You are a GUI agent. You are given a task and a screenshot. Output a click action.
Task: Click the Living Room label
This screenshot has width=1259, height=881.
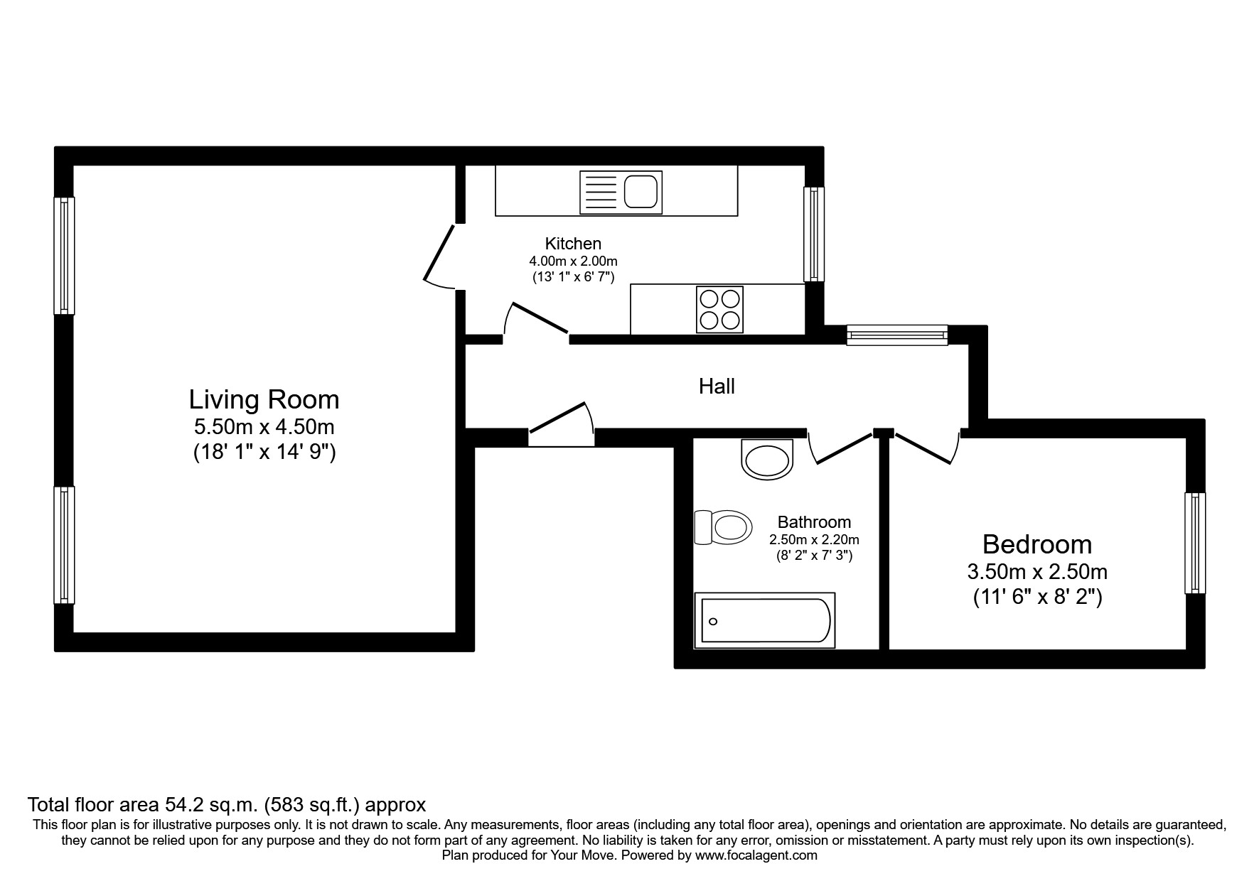(x=264, y=400)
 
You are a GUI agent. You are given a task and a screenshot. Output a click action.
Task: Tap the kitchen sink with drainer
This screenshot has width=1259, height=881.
(x=621, y=192)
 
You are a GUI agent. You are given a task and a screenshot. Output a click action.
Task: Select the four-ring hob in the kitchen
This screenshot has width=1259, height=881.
(x=719, y=309)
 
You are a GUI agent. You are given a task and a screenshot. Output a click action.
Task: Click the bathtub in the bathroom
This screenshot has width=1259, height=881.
(x=765, y=621)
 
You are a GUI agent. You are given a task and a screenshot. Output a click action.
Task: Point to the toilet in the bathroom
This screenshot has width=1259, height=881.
(x=724, y=527)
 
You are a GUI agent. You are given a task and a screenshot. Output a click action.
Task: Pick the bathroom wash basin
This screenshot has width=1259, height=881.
(x=766, y=459)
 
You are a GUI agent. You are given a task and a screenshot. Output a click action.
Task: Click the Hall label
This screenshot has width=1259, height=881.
(x=717, y=387)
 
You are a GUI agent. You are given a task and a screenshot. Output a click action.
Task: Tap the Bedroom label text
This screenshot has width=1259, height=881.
(x=1036, y=545)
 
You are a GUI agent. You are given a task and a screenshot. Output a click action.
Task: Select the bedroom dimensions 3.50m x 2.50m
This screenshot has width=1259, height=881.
(x=1036, y=571)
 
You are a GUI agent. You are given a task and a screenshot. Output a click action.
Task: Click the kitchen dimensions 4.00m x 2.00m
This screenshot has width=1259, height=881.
(x=573, y=261)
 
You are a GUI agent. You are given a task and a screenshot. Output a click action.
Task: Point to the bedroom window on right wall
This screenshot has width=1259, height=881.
(x=1195, y=544)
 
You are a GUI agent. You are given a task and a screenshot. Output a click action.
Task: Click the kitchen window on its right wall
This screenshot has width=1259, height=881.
(x=814, y=234)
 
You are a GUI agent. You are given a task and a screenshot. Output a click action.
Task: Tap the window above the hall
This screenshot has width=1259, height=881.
(x=896, y=335)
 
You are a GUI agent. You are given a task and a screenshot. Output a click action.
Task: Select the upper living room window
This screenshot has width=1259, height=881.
(x=65, y=255)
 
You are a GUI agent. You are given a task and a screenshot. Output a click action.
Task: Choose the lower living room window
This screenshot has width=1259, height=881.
(x=65, y=545)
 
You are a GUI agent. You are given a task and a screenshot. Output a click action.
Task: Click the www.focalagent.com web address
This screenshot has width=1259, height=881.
(x=756, y=855)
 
